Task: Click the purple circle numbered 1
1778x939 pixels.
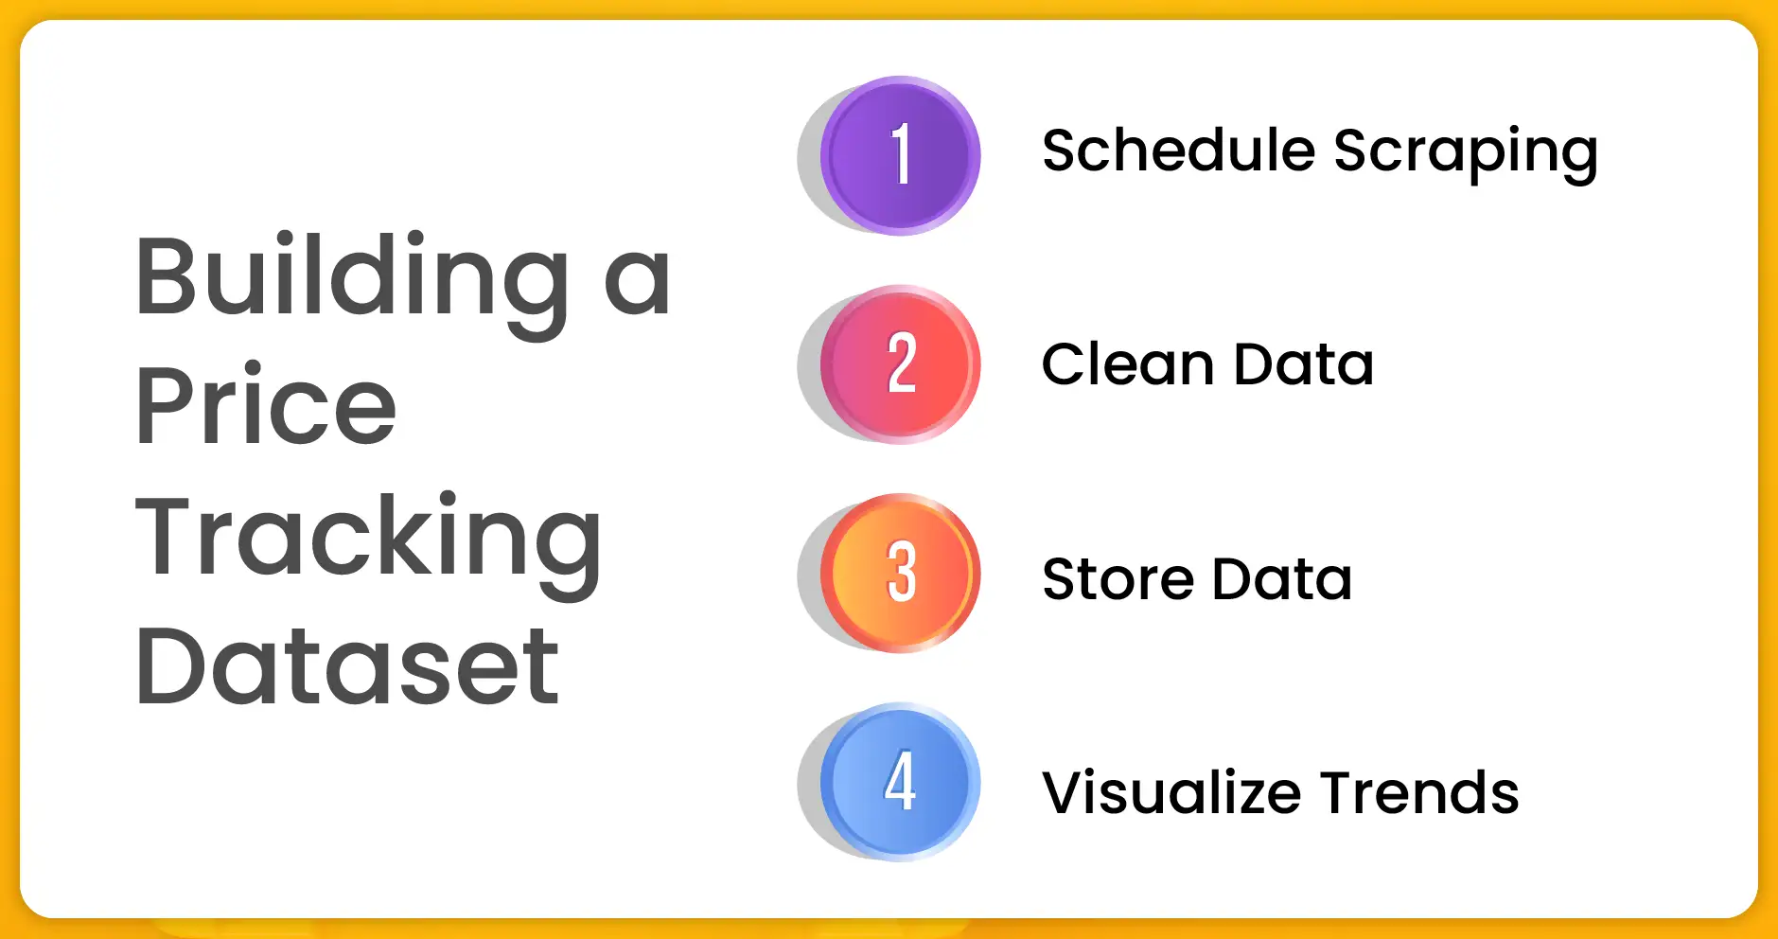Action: (x=900, y=155)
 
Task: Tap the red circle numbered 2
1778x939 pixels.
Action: (x=900, y=364)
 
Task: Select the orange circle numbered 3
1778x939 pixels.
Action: (x=900, y=574)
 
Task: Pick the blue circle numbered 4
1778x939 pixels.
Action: (x=900, y=783)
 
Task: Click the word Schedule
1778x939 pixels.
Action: (x=1178, y=151)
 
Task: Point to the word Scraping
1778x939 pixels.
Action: (x=1466, y=153)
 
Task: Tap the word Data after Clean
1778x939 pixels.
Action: (x=1304, y=365)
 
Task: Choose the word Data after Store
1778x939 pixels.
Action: (x=1282, y=579)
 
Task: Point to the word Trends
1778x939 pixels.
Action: (x=1419, y=792)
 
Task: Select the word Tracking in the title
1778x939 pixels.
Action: (x=368, y=540)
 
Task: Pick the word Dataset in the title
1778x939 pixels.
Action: (x=347, y=666)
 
